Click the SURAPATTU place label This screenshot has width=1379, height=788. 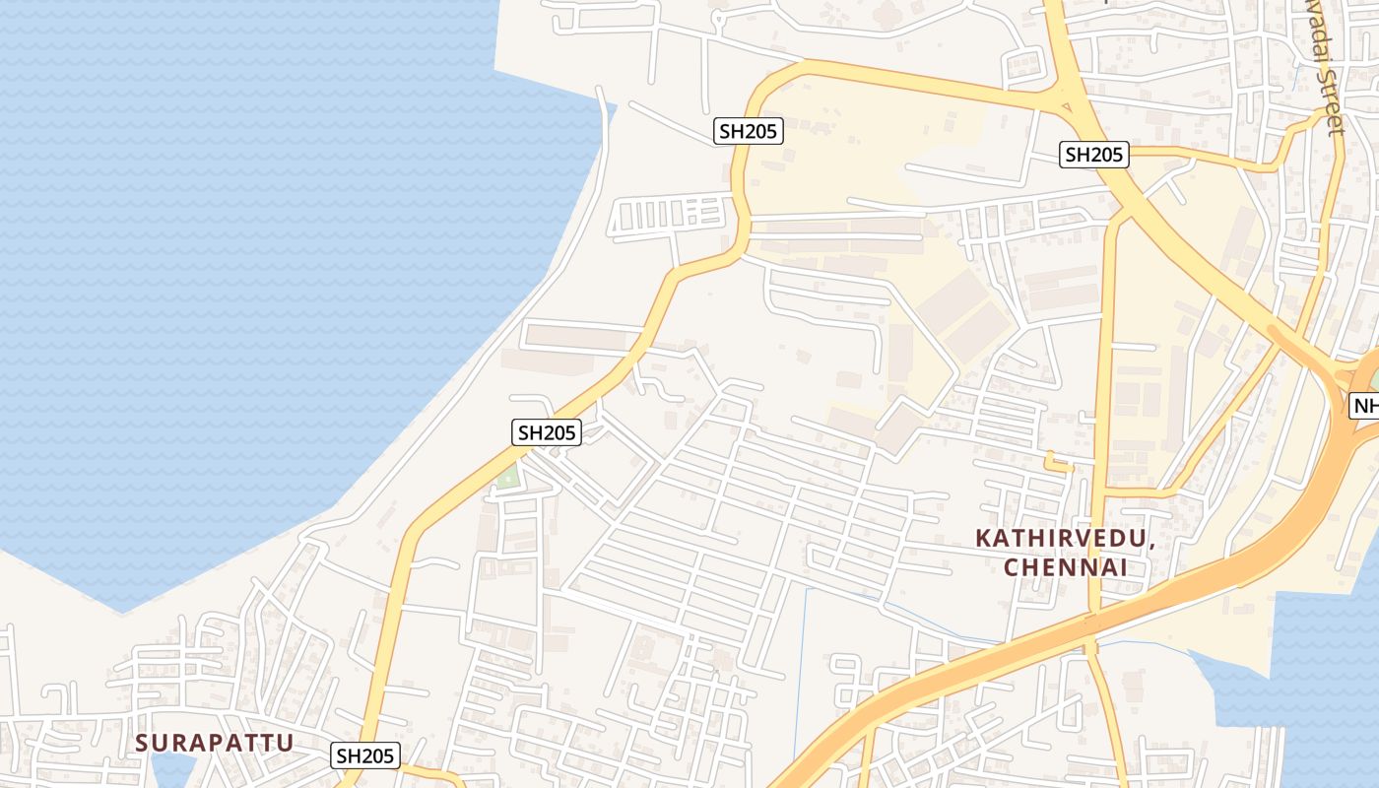pos(215,743)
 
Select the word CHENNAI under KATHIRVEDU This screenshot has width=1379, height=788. pos(1065,567)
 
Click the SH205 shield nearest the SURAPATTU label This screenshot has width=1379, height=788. pos(365,755)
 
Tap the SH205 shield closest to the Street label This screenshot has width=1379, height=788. pos(1093,155)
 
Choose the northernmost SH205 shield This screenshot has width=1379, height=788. pos(748,131)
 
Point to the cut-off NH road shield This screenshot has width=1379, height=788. pos(1365,406)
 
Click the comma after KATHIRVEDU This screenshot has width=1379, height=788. pos(1150,545)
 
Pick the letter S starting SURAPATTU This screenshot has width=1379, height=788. pos(143,743)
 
